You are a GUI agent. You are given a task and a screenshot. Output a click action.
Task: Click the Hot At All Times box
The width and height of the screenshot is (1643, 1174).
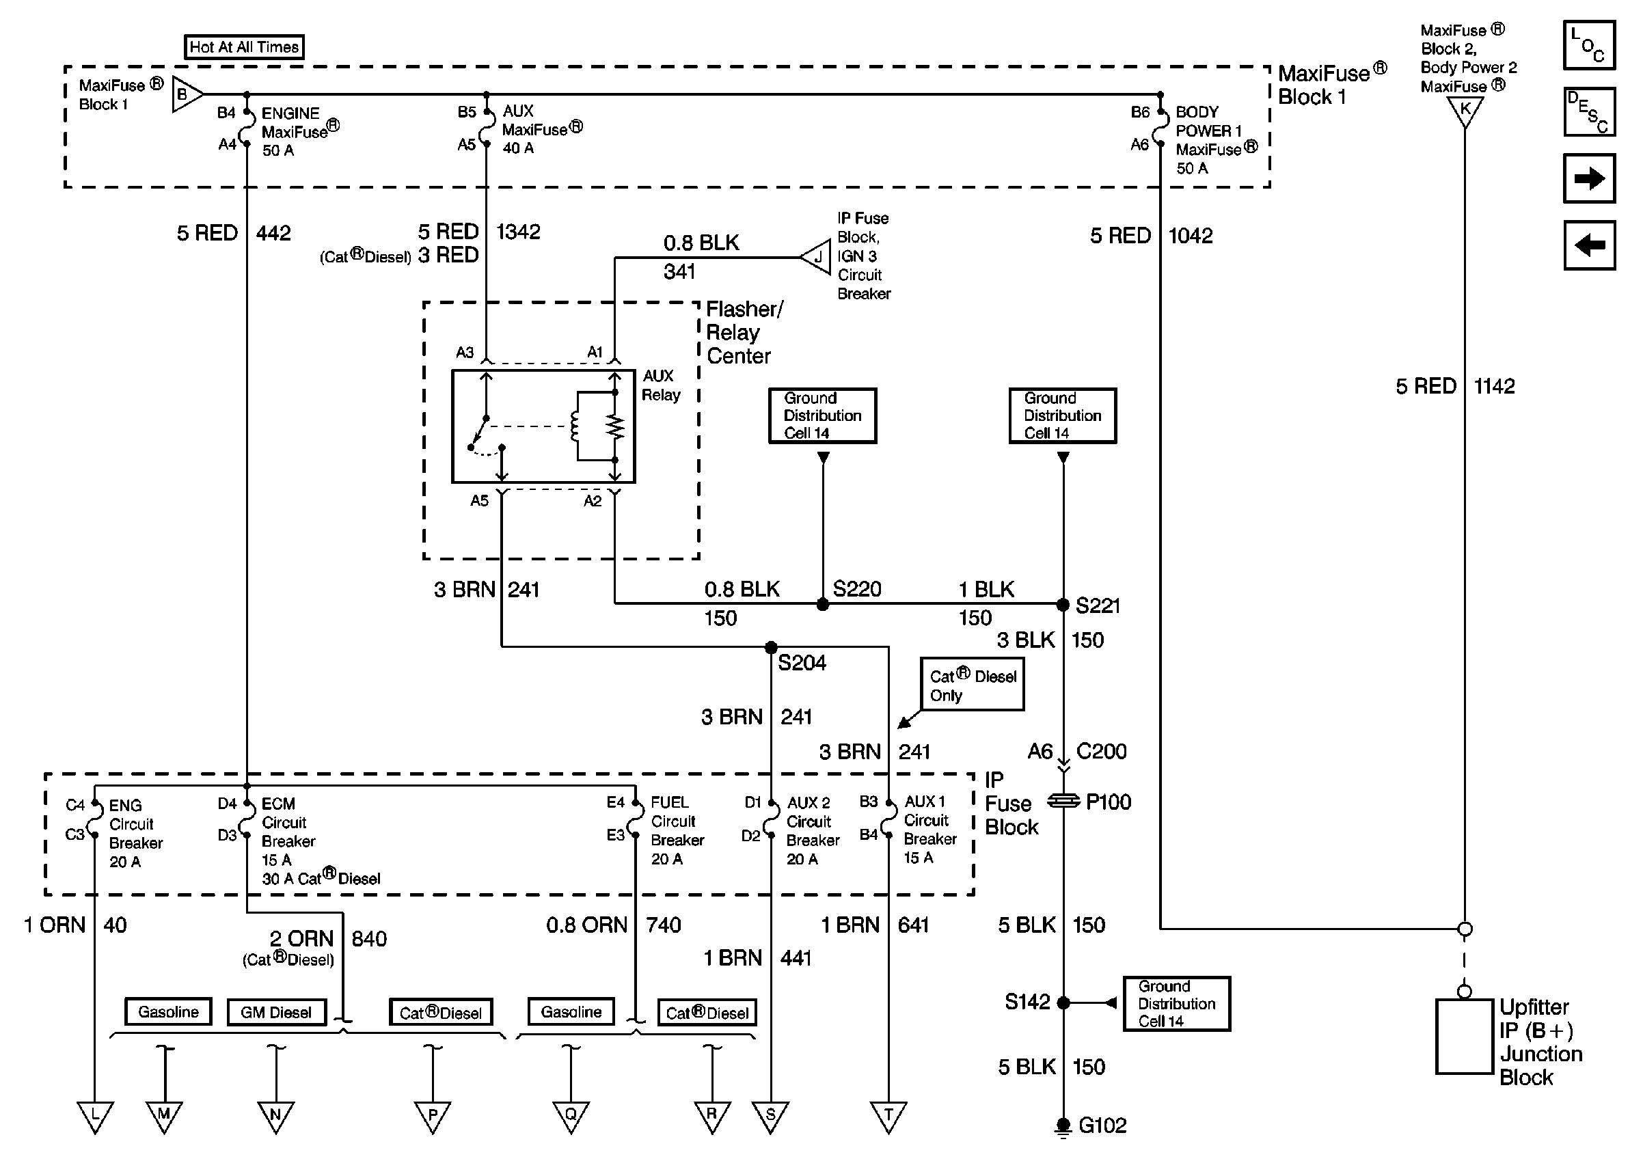pos(243,47)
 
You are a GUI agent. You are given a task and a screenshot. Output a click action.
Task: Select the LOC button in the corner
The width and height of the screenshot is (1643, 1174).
pos(1589,45)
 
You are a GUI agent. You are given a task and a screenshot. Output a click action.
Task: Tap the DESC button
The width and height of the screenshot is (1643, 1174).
pos(1589,112)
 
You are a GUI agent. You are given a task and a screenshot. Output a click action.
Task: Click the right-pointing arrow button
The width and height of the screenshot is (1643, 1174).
pos(1589,178)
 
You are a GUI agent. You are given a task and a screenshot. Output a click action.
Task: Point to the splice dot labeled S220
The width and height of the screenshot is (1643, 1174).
pos(823,604)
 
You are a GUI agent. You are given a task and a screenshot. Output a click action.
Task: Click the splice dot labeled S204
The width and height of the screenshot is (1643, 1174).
pos(771,647)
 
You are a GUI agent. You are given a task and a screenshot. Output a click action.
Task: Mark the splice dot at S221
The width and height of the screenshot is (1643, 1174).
pos(1063,604)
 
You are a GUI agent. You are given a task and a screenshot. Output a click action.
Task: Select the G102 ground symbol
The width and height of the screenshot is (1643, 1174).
pos(1063,1126)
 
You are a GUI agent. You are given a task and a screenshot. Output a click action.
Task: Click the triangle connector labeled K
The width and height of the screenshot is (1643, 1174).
pos(1465,111)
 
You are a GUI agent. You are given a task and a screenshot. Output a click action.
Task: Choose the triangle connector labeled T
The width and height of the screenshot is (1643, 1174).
pos(888,1115)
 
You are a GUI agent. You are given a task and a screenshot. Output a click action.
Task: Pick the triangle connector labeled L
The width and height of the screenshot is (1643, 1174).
pos(95,1115)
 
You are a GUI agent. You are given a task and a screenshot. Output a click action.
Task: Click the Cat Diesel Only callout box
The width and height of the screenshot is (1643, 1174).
pos(973,685)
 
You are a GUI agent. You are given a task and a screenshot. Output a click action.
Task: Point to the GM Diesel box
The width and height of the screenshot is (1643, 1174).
pos(276,1012)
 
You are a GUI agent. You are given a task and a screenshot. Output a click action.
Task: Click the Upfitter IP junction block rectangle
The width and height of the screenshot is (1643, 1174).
pos(1465,1037)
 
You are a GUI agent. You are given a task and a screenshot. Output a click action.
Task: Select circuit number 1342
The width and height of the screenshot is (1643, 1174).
pos(518,232)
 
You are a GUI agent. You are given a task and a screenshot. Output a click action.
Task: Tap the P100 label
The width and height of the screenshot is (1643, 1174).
pos(1108,802)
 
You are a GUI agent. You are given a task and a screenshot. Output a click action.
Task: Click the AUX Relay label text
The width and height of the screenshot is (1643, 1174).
pos(661,385)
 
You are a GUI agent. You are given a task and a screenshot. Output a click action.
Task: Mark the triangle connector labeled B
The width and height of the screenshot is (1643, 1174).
pos(185,94)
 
